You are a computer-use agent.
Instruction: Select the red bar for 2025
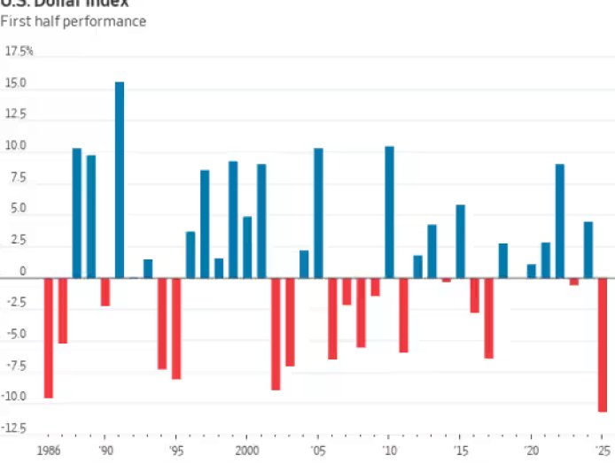[x=603, y=344]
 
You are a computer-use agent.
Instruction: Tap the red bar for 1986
[x=49, y=337]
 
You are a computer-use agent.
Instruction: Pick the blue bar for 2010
[x=389, y=212]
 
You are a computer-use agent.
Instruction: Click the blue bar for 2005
[x=318, y=212]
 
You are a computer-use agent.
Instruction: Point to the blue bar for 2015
[x=460, y=241]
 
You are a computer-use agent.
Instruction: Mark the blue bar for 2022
[x=559, y=220]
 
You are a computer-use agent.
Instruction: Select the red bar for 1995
[x=176, y=328]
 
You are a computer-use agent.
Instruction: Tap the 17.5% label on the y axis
[x=19, y=51]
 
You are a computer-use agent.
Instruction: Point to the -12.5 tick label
[x=18, y=429]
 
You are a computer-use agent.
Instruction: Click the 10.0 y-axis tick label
[x=18, y=146]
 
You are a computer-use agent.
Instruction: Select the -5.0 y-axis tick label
[x=18, y=335]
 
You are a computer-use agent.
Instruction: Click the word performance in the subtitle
[x=106, y=20]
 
